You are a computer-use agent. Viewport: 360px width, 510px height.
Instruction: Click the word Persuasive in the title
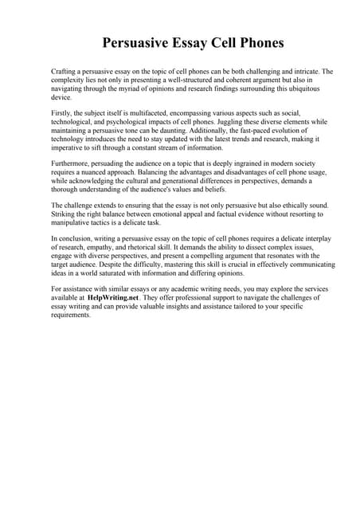click(138, 41)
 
